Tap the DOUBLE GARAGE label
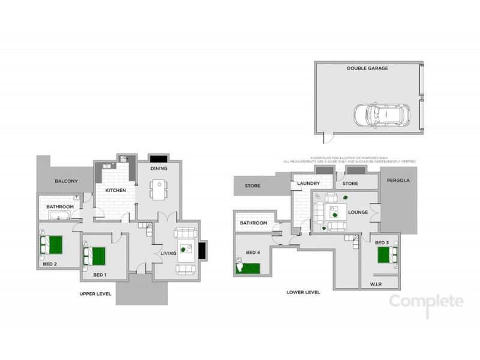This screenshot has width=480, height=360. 367,68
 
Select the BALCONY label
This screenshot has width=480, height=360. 64,181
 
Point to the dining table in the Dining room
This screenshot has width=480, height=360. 158,190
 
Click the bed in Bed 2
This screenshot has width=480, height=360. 52,244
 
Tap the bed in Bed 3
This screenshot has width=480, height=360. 386,256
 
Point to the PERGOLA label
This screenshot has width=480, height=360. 398,180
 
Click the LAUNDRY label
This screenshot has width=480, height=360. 308,184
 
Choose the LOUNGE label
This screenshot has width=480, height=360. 358,212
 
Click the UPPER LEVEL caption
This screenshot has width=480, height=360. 96,294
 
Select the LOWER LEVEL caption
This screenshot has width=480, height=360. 303,292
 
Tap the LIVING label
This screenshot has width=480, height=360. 168,254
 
